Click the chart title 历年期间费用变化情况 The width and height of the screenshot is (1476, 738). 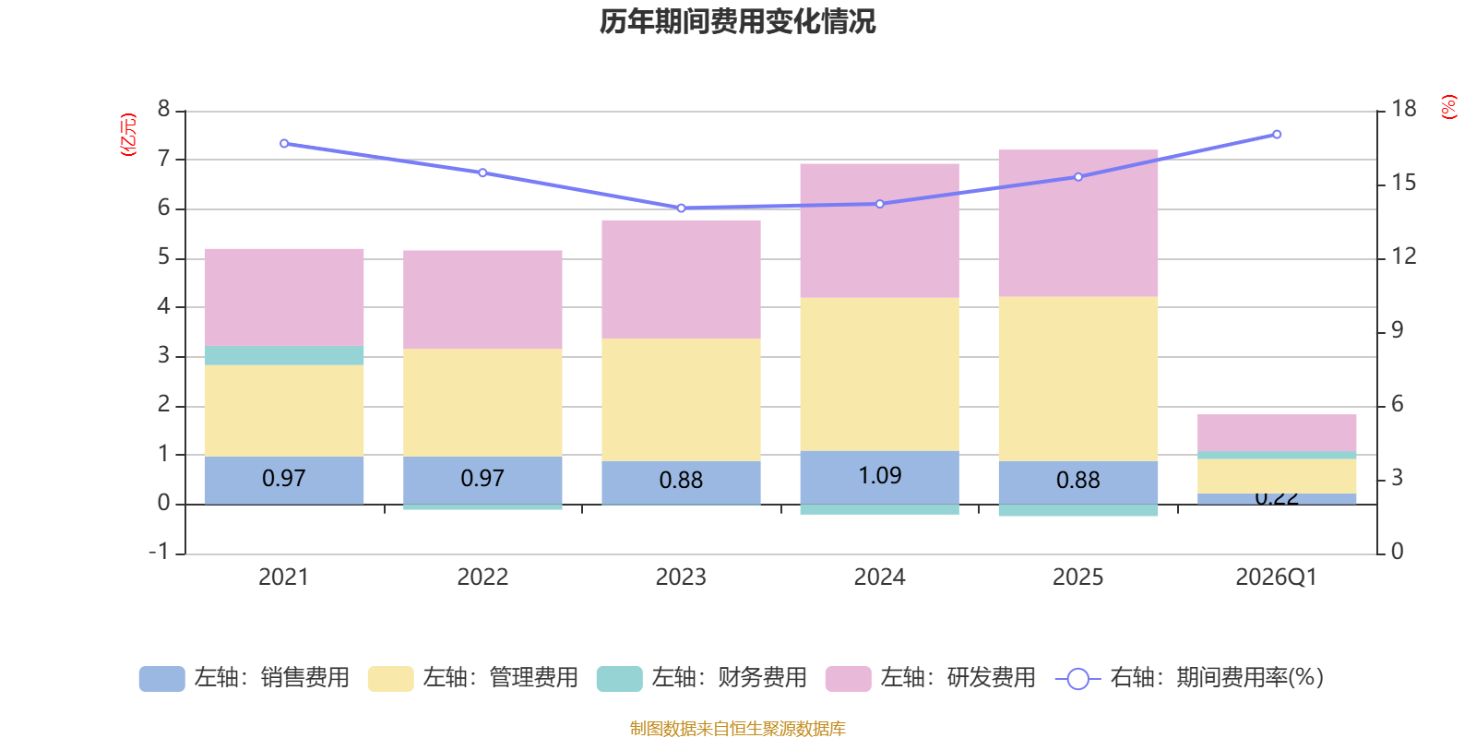pyautogui.click(x=737, y=21)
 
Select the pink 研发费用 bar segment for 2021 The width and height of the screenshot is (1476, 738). pyautogui.click(x=283, y=297)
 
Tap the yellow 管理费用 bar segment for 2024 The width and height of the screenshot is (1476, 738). pyautogui.click(x=879, y=374)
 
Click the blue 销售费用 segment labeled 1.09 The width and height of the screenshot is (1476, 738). pyautogui.click(x=879, y=477)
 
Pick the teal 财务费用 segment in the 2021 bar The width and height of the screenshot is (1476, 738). pyautogui.click(x=283, y=355)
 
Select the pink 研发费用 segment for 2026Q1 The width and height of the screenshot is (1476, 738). pyautogui.click(x=1276, y=433)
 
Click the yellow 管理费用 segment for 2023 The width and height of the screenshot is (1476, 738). pyautogui.click(x=681, y=399)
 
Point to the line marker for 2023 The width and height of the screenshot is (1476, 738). pyautogui.click(x=681, y=208)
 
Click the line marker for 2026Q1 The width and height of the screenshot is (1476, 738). pyautogui.click(x=1277, y=135)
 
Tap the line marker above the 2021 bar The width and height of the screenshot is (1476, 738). pyautogui.click(x=283, y=144)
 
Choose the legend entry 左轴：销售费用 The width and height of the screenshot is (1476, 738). pyautogui.click(x=244, y=678)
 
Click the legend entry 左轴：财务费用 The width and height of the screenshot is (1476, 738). pyautogui.click(x=702, y=678)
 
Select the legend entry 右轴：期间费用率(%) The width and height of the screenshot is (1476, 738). pyautogui.click(x=1190, y=678)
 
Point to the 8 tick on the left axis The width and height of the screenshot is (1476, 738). pyautogui.click(x=164, y=110)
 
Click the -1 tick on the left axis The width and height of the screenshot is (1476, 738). pyautogui.click(x=160, y=552)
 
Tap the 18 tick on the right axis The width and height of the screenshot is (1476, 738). pyautogui.click(x=1403, y=109)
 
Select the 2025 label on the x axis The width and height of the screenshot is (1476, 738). pyautogui.click(x=1077, y=577)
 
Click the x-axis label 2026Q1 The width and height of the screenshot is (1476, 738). pyautogui.click(x=1276, y=577)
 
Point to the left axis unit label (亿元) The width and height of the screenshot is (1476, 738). pyautogui.click(x=128, y=135)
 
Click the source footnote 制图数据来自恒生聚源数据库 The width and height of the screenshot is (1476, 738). pyautogui.click(x=737, y=729)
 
